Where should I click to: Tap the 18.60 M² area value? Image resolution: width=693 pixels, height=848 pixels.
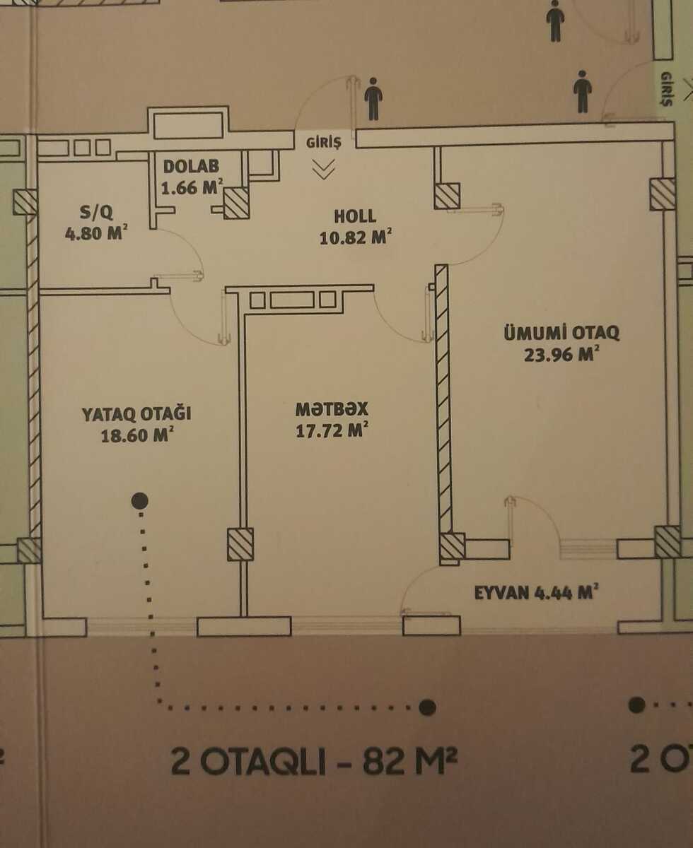tap(137, 435)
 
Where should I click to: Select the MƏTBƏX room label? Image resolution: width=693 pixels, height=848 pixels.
tap(332, 409)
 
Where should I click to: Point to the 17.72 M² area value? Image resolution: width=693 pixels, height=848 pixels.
tap(333, 430)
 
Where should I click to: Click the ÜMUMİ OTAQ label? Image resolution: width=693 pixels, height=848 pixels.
tap(561, 332)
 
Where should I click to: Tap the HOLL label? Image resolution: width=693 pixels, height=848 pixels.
tap(356, 216)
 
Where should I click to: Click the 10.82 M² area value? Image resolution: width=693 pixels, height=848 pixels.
tap(356, 237)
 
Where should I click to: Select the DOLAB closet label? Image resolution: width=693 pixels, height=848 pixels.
tap(191, 167)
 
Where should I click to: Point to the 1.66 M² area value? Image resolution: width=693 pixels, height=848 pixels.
tap(192, 188)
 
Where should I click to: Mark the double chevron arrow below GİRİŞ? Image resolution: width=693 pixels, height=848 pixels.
tap(324, 169)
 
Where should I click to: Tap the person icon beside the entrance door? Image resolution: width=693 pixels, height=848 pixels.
tap(373, 99)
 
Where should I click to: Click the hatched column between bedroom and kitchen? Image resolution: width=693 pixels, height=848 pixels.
tap(240, 544)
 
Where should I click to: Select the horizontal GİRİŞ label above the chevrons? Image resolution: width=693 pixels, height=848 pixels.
tap(324, 143)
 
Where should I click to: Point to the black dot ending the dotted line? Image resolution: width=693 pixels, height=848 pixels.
tap(427, 707)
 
